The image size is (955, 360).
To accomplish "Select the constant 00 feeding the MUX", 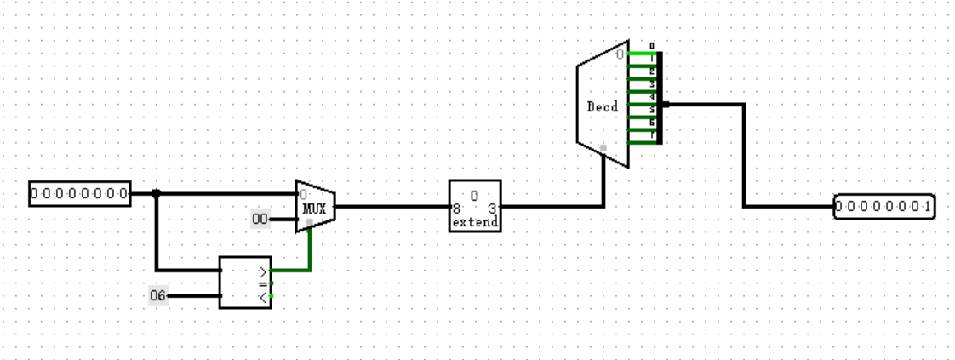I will point(260,220).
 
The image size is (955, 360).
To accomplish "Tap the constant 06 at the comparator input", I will point(158,295).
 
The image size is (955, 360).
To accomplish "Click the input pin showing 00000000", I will point(80,194).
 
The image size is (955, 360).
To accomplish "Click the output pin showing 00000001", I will point(884,207).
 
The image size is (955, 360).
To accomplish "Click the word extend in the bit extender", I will point(476,222).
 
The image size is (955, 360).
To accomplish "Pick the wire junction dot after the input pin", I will point(156,194).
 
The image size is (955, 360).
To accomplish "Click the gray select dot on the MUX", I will point(310,221).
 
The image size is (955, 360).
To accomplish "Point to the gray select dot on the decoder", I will point(603,148).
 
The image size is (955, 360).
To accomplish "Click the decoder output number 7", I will point(652,135).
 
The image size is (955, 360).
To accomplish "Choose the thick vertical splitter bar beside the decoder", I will point(660,98).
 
